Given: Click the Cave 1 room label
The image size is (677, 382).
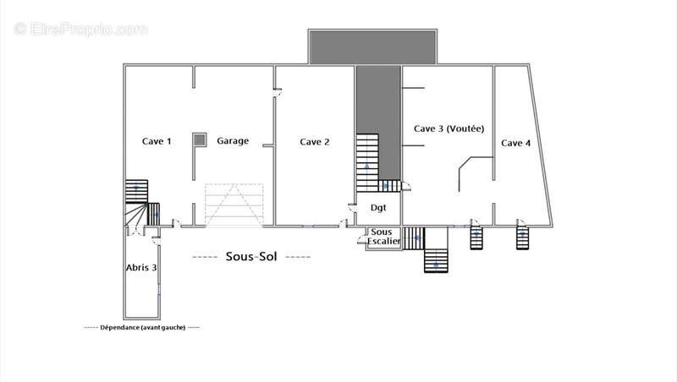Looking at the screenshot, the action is pyautogui.click(x=157, y=141).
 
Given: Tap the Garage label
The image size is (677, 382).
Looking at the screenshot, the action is pyautogui.click(x=233, y=141).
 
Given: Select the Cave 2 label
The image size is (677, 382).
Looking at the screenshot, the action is pyautogui.click(x=314, y=142).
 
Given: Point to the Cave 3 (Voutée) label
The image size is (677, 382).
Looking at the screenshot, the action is pyautogui.click(x=449, y=128).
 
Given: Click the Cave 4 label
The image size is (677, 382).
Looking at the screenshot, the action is pyautogui.click(x=516, y=143).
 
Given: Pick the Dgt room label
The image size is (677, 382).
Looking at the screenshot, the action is pyautogui.click(x=378, y=208).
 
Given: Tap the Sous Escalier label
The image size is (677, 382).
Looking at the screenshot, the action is pyautogui.click(x=383, y=237).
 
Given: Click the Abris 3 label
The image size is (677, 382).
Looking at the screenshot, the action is pyautogui.click(x=141, y=267).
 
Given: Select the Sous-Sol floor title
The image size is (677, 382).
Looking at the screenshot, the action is pyautogui.click(x=251, y=257).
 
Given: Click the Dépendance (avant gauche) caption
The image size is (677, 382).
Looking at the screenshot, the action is pyautogui.click(x=142, y=327).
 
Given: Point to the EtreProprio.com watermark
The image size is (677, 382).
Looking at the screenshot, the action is pyautogui.click(x=80, y=29).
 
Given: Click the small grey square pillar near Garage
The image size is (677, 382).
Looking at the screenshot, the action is pyautogui.click(x=199, y=139).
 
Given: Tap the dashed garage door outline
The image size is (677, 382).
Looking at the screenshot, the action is pyautogui.click(x=234, y=205).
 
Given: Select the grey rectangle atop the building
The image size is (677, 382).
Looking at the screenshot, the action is pyautogui.click(x=372, y=47).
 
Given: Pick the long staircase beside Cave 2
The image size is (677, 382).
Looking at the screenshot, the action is pyautogui.click(x=367, y=162).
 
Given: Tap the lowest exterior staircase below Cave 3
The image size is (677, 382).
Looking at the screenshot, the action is pyautogui.click(x=436, y=261).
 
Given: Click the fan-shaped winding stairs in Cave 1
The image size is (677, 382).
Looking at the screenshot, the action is pyautogui.click(x=136, y=215).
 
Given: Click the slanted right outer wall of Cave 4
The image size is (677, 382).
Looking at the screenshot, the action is pyautogui.click(x=540, y=145).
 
